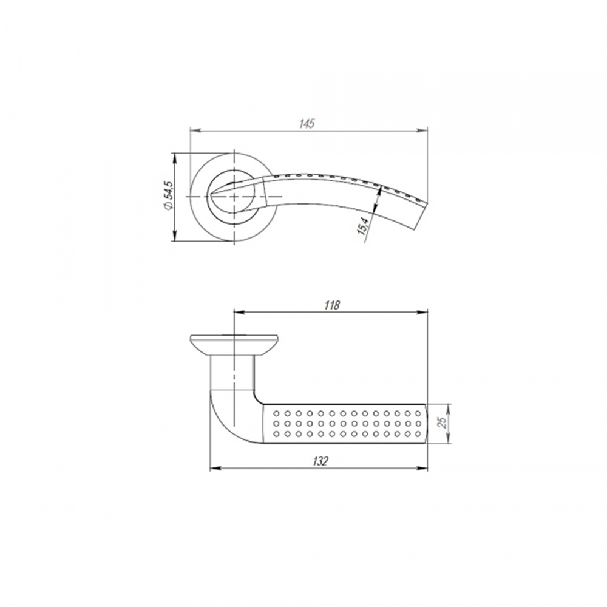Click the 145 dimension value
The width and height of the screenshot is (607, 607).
(307, 124)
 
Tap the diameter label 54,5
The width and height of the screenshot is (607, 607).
(169, 195)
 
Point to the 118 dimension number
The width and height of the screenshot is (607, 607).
(332, 305)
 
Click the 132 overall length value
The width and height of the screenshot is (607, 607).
(320, 461)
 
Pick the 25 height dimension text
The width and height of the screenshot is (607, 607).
(442, 421)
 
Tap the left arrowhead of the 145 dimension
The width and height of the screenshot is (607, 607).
(195, 130)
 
